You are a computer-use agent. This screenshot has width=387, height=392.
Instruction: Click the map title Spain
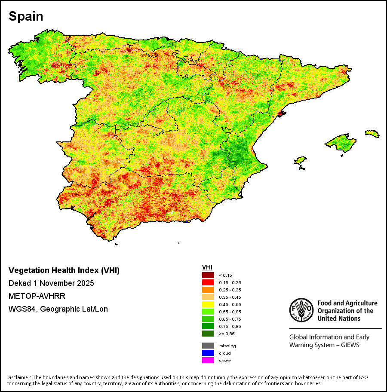point(26,17)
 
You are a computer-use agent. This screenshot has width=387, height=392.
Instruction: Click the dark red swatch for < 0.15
point(208,275)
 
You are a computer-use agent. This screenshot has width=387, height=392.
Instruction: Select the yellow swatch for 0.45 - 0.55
point(208,304)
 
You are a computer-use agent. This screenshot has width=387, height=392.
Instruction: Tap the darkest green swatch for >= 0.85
point(208,334)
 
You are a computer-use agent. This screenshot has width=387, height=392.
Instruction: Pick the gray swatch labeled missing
point(208,346)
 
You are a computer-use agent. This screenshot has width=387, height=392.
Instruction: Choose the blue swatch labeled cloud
point(208,353)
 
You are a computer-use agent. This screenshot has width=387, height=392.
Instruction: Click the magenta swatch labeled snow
point(208,360)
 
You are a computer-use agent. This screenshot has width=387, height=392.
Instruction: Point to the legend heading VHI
point(207,267)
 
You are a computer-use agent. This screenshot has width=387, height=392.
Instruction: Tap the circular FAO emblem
point(301,310)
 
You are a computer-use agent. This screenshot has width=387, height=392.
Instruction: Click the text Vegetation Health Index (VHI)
point(64,271)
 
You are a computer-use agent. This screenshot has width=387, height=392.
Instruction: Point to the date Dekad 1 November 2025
point(51,283)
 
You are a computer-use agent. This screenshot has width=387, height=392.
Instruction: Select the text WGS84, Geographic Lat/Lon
point(58,309)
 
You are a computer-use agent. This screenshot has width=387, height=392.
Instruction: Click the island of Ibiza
point(301,161)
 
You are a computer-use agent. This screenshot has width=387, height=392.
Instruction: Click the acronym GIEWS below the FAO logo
point(348,345)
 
